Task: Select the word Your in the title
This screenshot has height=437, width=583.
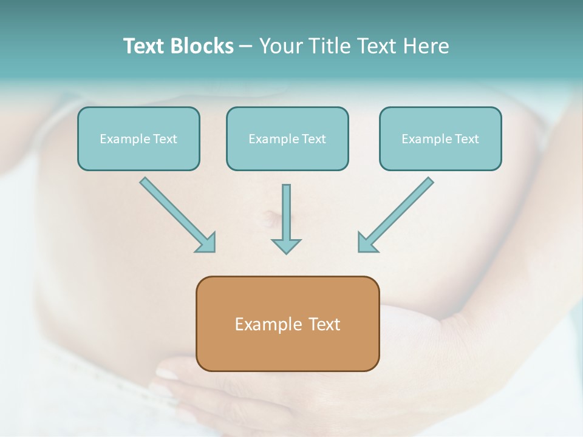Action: point(280,46)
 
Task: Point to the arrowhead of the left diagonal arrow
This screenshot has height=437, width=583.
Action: point(206,243)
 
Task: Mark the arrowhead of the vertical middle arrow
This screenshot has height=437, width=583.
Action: point(286,246)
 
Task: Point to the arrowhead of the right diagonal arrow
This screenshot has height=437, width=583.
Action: point(367,243)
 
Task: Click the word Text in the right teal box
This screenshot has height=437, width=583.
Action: point(466,139)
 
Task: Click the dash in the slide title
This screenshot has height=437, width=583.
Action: point(246,47)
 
